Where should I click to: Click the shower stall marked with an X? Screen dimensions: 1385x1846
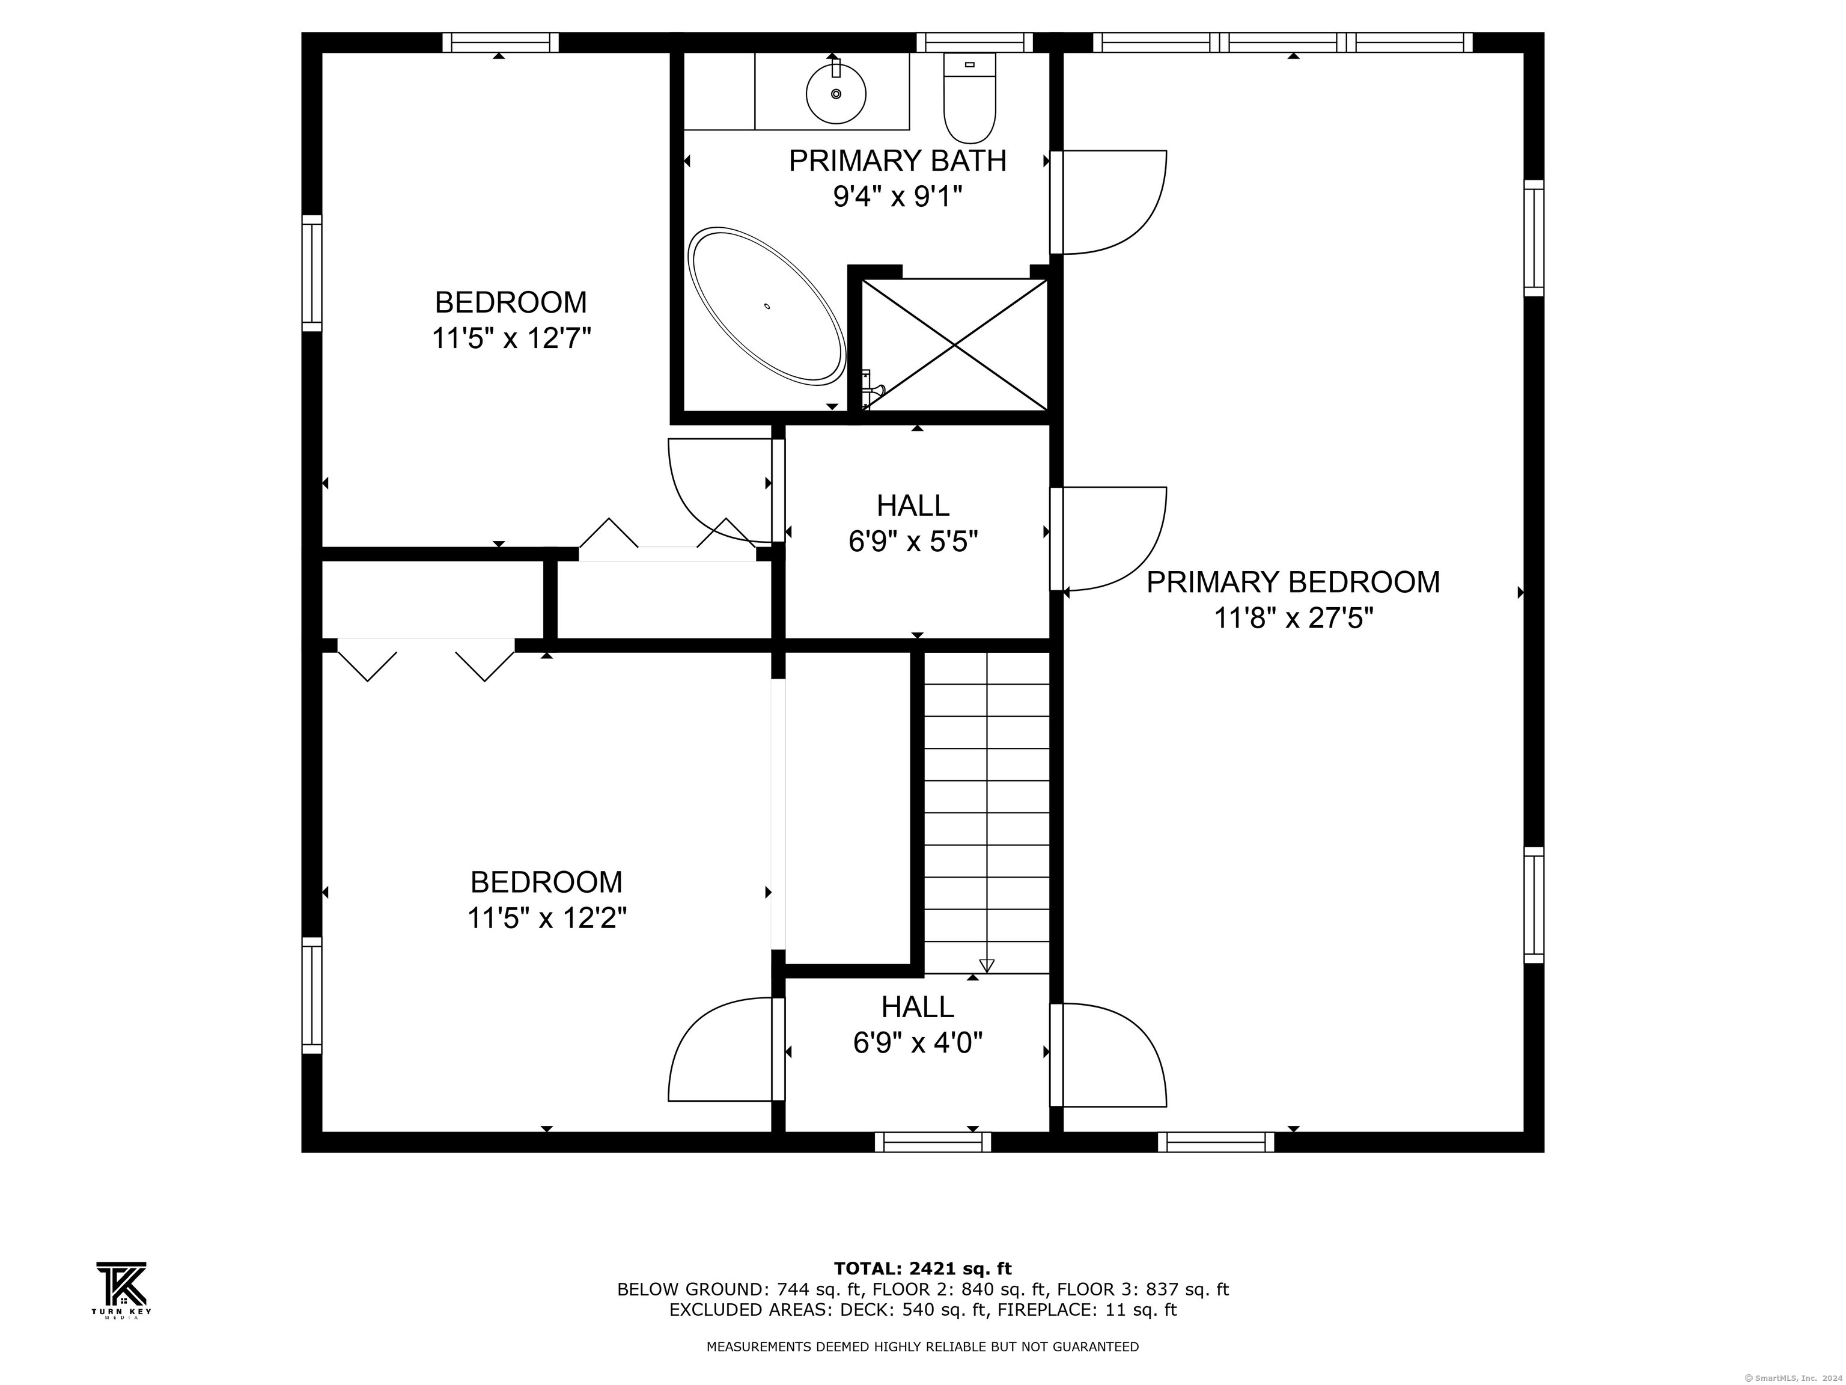click(x=954, y=345)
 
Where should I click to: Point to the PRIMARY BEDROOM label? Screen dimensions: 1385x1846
click(x=1292, y=582)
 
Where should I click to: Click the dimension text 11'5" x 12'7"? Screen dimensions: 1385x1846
click(x=511, y=339)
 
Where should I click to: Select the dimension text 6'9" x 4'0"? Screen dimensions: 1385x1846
click(x=917, y=1043)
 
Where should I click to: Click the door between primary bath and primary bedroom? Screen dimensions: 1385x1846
click(x=1110, y=202)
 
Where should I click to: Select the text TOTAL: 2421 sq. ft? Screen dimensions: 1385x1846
click(x=922, y=1269)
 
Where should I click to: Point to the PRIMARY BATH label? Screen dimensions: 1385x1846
click(x=897, y=161)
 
